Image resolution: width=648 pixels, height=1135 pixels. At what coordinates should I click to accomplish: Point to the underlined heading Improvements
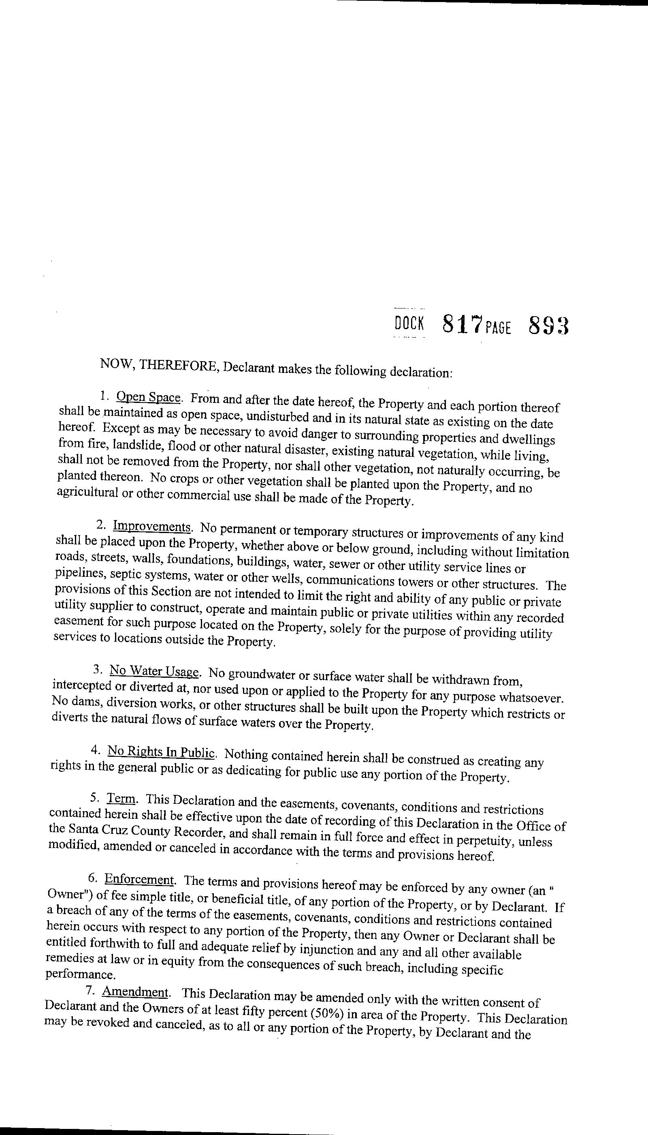152,527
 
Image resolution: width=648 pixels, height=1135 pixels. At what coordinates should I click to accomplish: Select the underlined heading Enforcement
139,879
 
